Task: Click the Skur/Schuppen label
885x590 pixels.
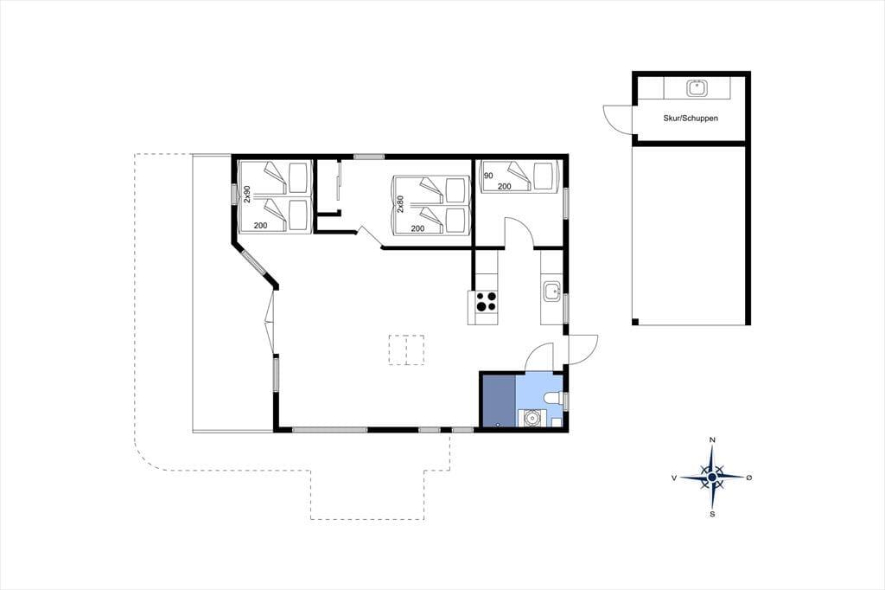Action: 691,119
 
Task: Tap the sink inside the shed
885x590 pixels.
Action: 696,88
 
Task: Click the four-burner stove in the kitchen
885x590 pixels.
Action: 486,301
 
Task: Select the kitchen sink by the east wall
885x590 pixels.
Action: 551,292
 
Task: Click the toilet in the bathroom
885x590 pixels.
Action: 552,399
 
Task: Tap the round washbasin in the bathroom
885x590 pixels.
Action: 532,418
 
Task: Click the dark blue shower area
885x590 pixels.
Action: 499,401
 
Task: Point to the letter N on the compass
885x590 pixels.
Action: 712,439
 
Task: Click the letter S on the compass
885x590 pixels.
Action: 712,514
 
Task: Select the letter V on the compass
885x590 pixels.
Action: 674,478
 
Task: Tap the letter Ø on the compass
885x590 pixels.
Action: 749,478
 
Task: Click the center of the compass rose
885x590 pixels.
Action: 712,478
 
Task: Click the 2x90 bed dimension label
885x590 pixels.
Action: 246,194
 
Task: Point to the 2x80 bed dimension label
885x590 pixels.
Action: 400,204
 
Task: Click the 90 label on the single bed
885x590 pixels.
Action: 488,176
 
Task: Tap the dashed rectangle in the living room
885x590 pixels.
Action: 406,350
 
